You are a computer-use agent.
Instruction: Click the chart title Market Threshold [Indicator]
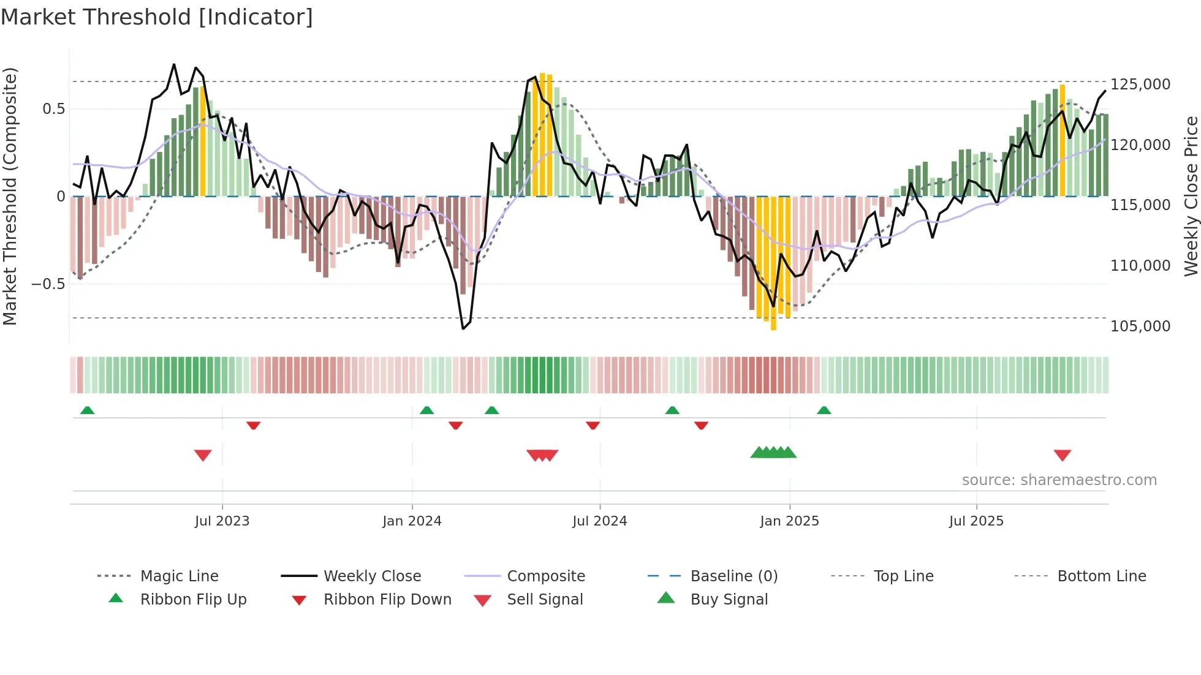coord(157,17)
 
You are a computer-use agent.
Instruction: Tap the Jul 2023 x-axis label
coord(222,521)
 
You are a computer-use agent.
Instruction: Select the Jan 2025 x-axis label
coord(789,521)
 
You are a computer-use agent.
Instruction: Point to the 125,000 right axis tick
coord(1140,85)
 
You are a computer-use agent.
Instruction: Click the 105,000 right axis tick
coord(1140,326)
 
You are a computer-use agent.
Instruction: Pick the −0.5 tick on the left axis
coord(48,284)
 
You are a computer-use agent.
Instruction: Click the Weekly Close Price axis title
coord(1191,196)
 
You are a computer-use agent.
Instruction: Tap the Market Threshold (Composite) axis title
coord(10,196)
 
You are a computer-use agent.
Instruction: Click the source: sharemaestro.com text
coord(1059,480)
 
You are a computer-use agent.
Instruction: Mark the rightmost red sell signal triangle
coord(1062,455)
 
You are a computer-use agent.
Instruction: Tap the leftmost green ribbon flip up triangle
coord(87,410)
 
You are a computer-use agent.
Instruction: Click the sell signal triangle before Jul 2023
coord(203,455)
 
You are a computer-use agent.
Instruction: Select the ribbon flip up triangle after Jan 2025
coord(824,410)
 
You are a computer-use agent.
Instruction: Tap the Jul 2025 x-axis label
coord(976,521)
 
